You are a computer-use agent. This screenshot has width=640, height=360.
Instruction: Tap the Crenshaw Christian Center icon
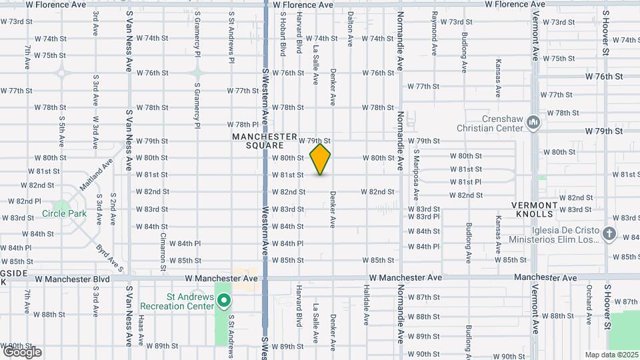[x=533, y=123]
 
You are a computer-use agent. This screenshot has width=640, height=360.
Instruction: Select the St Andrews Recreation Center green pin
[x=225, y=301]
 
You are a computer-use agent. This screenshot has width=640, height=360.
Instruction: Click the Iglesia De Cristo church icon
[x=609, y=233]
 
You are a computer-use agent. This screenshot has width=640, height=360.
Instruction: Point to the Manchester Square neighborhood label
[x=264, y=141]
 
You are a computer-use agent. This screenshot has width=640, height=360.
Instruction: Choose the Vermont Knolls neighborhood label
[x=541, y=209]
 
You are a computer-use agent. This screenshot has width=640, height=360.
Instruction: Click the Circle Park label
[x=65, y=213]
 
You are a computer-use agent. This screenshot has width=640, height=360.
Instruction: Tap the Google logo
[x=21, y=352]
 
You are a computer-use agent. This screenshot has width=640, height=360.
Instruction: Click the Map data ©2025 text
[x=611, y=355]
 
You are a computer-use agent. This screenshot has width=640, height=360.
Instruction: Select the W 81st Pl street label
[x=465, y=181]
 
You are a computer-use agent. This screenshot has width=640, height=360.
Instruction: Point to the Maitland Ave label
[x=97, y=173]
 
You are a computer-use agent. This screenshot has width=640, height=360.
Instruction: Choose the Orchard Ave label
[x=589, y=305]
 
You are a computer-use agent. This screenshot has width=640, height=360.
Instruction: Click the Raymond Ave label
[x=434, y=32]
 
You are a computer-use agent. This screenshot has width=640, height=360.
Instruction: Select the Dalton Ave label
[x=351, y=31]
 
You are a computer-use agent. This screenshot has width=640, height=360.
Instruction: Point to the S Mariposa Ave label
[x=415, y=174]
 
